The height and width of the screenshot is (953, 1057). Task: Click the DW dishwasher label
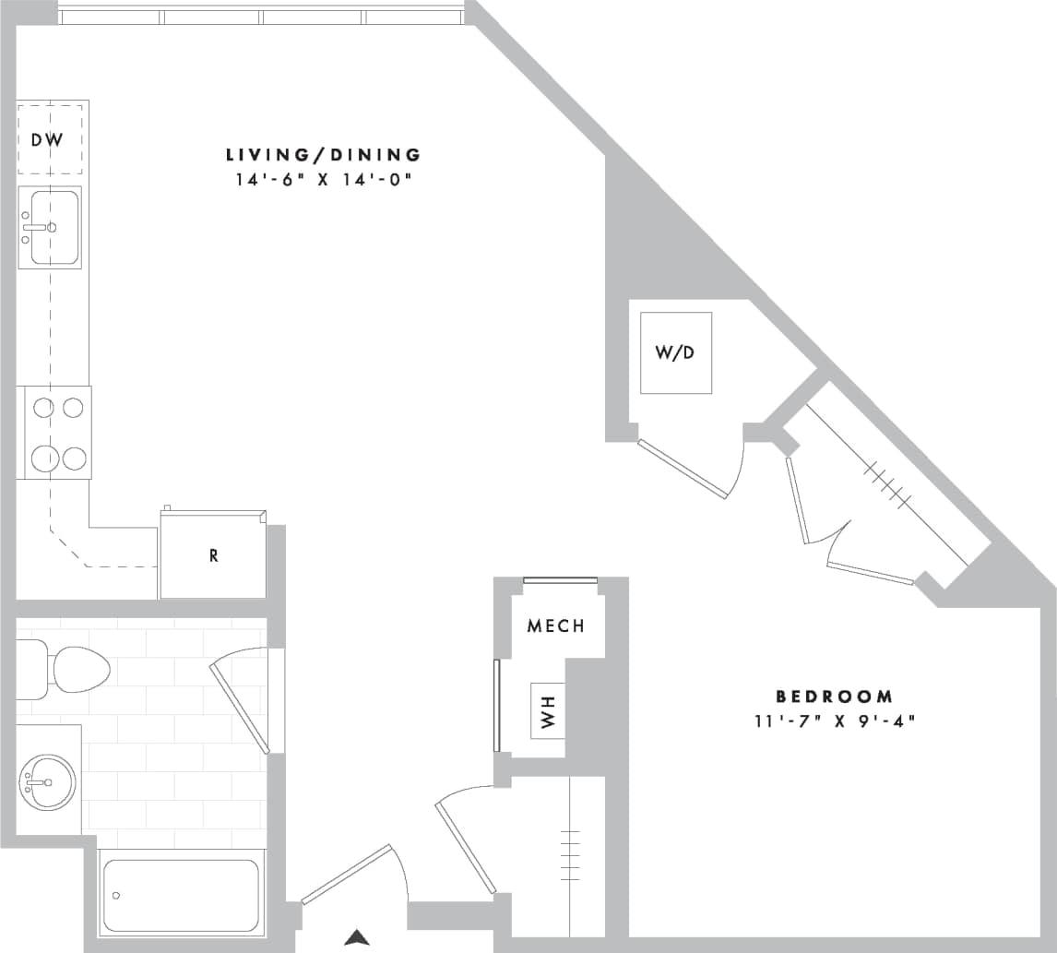pos(47,140)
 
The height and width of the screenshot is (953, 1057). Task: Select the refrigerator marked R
pos(213,555)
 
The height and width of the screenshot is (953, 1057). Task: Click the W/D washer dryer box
pos(675,353)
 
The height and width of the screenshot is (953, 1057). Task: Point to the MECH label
pos(555,626)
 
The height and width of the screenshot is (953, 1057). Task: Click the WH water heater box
pos(548,711)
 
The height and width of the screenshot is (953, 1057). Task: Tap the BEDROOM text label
pos(834,697)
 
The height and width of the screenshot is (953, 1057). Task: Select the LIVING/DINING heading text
pos(323,154)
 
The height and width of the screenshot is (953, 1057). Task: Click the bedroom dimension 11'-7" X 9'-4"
pos(834,721)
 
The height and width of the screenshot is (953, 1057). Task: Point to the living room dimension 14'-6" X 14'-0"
pos(323,180)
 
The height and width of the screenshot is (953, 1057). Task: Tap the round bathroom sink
pos(47,782)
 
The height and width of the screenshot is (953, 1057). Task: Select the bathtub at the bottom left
pos(181,895)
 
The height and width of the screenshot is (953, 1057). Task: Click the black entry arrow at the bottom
pos(357,938)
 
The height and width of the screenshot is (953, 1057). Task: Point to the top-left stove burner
pos(43,407)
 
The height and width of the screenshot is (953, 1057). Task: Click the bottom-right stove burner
pos(75,458)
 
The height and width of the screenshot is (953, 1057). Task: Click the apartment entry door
pos(347,874)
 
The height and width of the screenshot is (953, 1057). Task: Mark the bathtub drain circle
pos(116,896)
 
